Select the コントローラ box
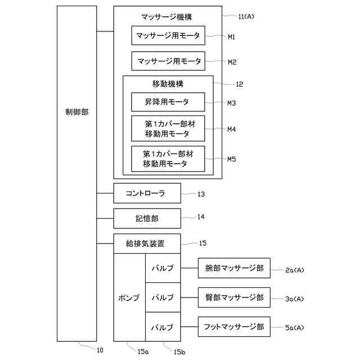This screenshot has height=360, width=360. [147, 193]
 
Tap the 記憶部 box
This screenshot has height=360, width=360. [147, 218]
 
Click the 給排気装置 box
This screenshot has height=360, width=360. [147, 244]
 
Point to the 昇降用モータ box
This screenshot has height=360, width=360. [168, 102]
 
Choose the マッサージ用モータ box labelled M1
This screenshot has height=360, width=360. [168, 35]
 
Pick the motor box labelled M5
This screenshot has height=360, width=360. [168, 159]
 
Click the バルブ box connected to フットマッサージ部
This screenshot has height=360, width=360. [163, 327]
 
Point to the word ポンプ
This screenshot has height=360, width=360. [129, 298]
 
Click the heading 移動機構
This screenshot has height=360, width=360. [168, 84]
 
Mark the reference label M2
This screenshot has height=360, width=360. [232, 62]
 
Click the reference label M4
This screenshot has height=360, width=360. [232, 129]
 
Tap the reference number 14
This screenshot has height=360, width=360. [201, 217]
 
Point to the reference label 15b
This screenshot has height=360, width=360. [179, 352]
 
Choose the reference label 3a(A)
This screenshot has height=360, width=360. [294, 299]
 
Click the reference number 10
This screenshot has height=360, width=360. [100, 349]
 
